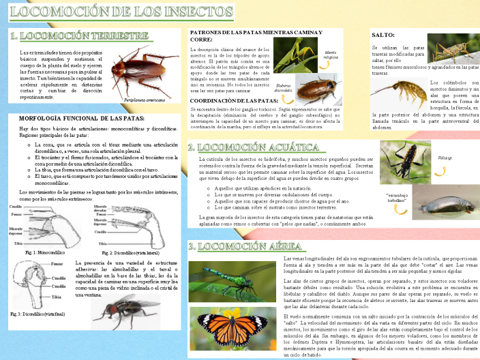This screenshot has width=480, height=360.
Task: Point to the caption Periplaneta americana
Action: click(145, 100)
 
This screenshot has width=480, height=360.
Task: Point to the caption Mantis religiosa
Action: click(331, 56)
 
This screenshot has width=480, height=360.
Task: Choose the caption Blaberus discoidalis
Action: click(283, 88)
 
